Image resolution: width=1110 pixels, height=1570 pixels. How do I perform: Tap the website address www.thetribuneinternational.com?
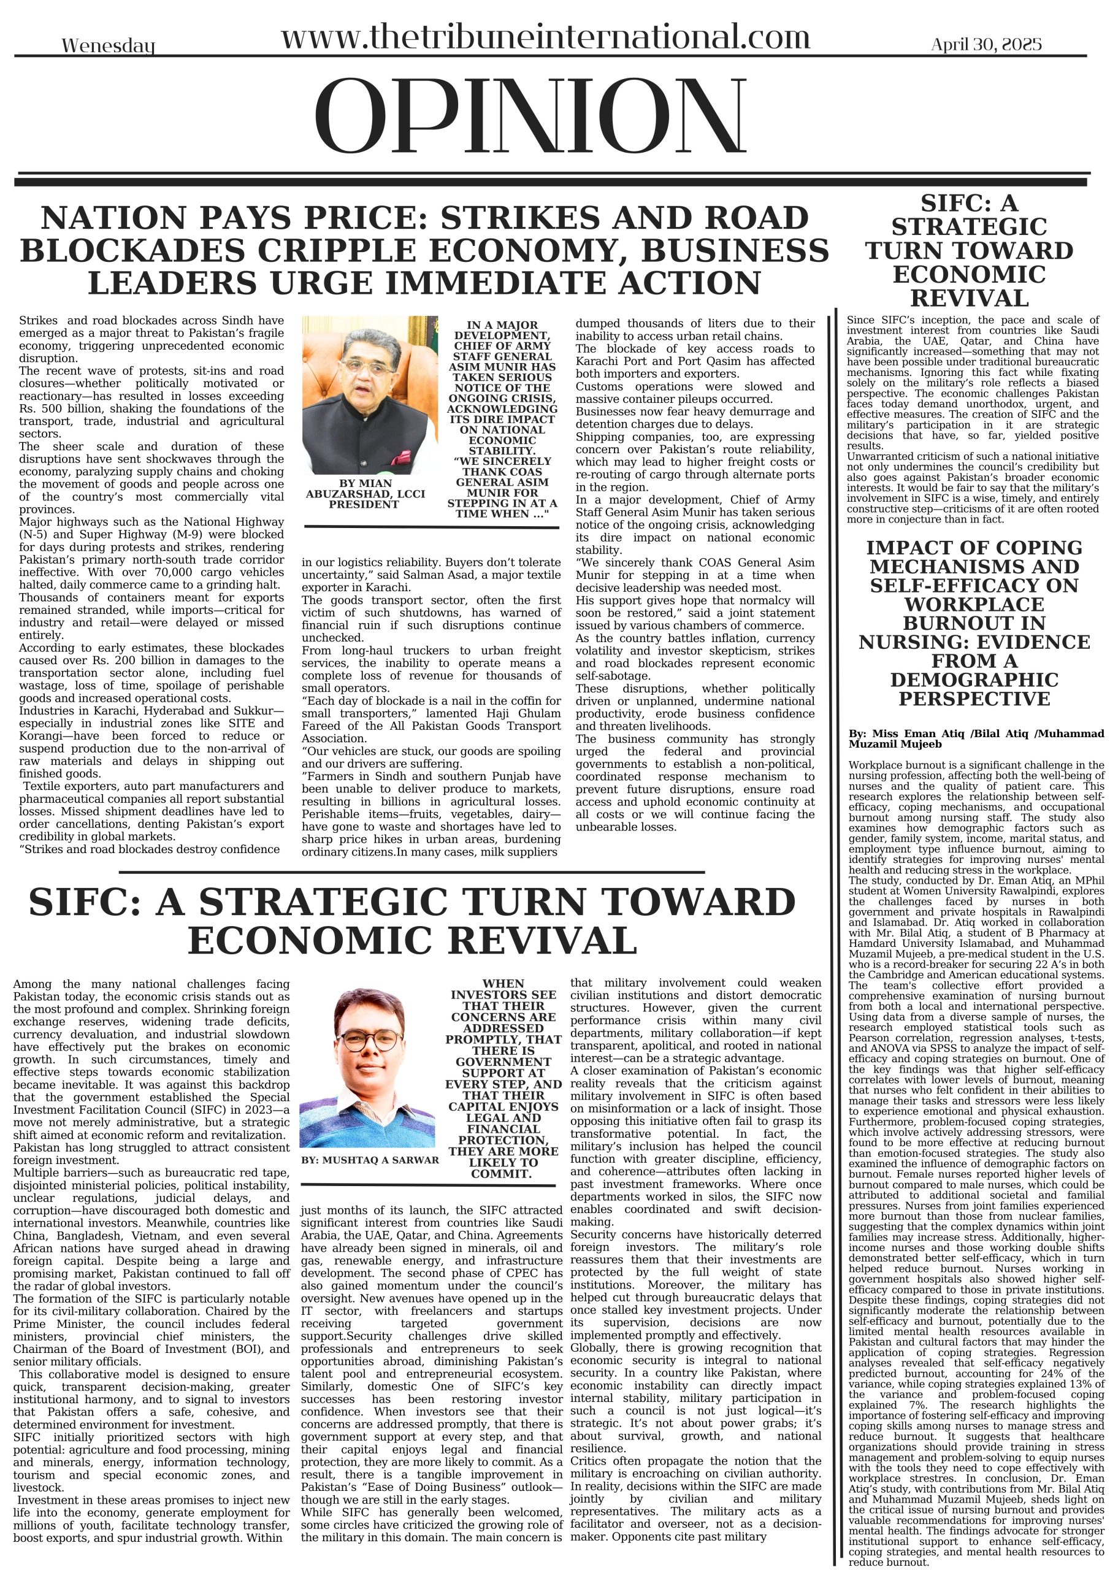click(545, 37)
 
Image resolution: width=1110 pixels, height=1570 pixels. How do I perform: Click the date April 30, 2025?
click(986, 44)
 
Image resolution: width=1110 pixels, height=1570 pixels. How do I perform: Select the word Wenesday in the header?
click(108, 47)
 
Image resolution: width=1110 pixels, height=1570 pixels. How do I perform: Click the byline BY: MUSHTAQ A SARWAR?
click(370, 1160)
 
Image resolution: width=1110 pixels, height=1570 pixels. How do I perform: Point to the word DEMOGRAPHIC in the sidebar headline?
click(974, 680)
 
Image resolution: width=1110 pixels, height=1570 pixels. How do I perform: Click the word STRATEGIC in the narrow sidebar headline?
click(969, 226)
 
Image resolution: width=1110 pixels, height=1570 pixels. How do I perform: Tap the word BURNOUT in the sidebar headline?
click(974, 623)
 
